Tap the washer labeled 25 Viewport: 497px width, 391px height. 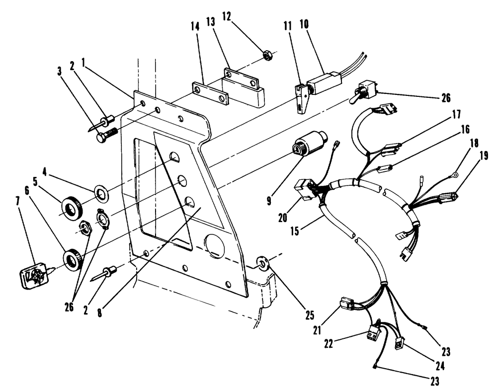pos(262,262)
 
